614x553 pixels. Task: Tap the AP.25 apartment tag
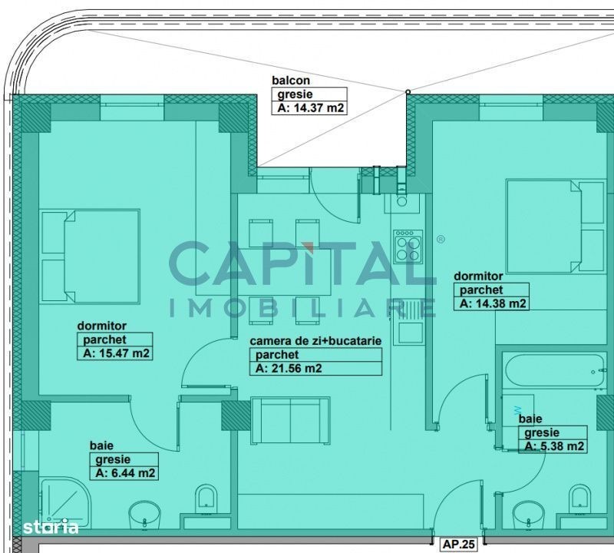[458, 545]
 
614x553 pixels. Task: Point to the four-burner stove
[408, 247]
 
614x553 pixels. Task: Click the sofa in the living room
[290, 421]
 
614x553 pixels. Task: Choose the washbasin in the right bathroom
[528, 515]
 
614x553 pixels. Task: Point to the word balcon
[291, 81]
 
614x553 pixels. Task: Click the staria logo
[51, 526]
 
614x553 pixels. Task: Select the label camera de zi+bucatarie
[315, 341]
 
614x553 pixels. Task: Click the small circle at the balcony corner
[408, 92]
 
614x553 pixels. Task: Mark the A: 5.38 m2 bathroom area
[554, 446]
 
